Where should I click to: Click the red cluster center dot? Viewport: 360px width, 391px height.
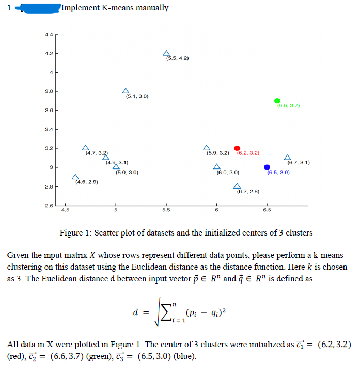(x=237, y=148)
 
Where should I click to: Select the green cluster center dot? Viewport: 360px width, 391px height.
(x=277, y=101)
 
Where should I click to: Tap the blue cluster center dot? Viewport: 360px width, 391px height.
(x=267, y=167)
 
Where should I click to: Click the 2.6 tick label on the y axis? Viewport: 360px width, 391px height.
(x=48, y=207)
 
